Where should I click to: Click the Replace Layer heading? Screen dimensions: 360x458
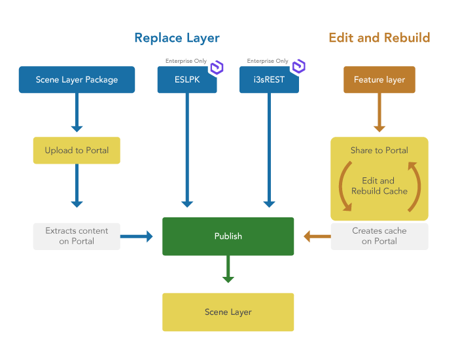click(x=176, y=37)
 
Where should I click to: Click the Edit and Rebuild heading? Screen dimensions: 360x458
click(x=379, y=37)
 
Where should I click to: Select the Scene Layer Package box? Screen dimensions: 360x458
click(x=77, y=80)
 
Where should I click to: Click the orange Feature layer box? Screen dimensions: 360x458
click(x=379, y=80)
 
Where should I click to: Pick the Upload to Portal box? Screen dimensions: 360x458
click(x=77, y=151)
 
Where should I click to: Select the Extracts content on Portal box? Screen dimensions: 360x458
click(x=77, y=236)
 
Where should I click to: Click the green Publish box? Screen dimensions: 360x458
click(x=228, y=236)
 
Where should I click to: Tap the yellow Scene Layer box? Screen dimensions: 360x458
click(x=228, y=312)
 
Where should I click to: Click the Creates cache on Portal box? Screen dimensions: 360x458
click(x=379, y=236)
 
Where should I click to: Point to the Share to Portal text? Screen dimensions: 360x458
click(x=379, y=151)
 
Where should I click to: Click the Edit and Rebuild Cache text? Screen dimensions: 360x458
click(x=379, y=186)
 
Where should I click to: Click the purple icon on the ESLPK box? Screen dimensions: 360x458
click(x=216, y=67)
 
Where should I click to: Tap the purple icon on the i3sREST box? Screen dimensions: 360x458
click(x=298, y=67)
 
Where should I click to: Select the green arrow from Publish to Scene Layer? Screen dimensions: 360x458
click(x=228, y=270)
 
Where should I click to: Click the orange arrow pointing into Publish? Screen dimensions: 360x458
click(x=317, y=236)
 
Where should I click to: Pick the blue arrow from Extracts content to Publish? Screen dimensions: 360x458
click(x=137, y=236)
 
